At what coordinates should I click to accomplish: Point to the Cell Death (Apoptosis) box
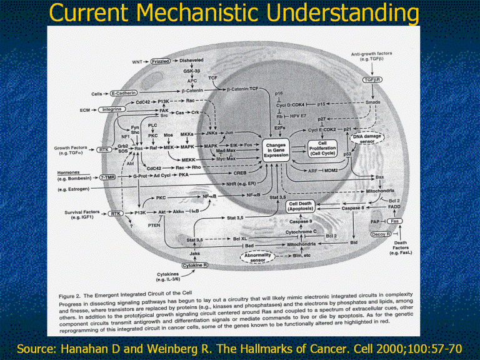301,207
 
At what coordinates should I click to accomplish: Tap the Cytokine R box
196,266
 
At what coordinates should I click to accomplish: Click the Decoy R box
381,234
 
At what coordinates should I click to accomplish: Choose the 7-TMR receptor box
107,177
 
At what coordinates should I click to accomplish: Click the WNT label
137,62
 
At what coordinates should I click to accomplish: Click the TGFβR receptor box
373,80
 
